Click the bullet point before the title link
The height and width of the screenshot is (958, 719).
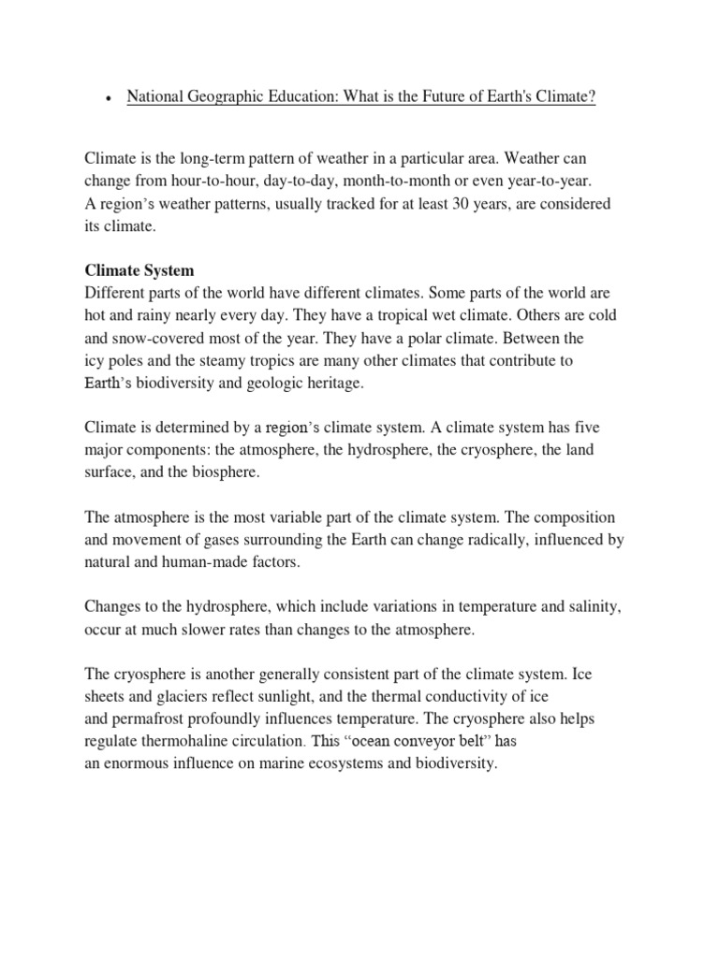click(x=110, y=99)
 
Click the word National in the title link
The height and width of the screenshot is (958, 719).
click(x=154, y=97)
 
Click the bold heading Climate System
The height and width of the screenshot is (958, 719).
click(x=139, y=270)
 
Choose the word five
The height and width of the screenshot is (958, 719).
click(x=596, y=428)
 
